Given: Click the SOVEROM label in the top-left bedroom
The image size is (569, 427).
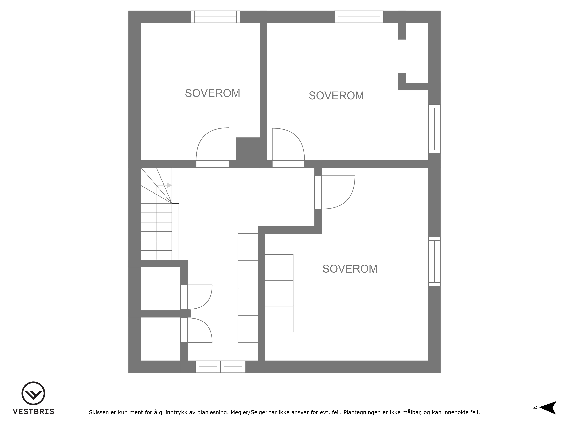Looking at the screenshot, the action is coord(213,93).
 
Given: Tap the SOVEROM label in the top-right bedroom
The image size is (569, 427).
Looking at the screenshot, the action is coord(336,96).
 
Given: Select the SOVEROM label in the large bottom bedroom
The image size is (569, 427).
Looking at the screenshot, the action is coord(350,269).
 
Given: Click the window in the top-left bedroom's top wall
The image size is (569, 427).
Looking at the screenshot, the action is coord(215,17).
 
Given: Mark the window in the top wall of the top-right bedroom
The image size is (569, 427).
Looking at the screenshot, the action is coord(359,17).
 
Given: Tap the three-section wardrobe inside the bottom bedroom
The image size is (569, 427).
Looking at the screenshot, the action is coord(279,293).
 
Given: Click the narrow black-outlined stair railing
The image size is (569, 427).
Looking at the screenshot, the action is coord(175,232).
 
